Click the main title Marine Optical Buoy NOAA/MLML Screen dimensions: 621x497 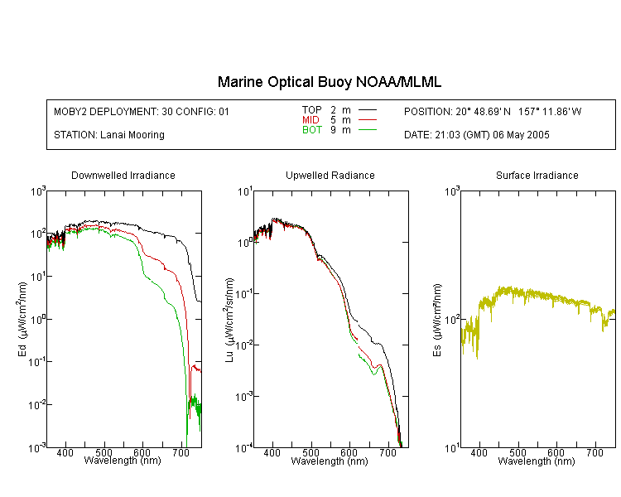click(x=329, y=82)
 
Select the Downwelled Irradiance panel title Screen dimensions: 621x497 click(x=123, y=175)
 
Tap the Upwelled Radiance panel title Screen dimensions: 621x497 click(x=330, y=175)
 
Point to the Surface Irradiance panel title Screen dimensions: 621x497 click(x=537, y=175)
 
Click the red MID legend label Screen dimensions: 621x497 click(x=310, y=119)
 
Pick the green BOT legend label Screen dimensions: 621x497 click(x=312, y=130)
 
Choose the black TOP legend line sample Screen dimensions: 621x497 click(x=368, y=109)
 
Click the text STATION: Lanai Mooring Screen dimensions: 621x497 click(x=109, y=135)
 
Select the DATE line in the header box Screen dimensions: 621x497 click(x=476, y=135)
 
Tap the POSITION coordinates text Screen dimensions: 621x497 click(x=493, y=111)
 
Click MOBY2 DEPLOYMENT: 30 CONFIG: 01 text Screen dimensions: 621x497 click(x=142, y=111)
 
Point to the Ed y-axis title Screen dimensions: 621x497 click(x=22, y=319)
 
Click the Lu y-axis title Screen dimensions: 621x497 click(x=229, y=320)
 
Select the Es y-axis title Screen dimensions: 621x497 click(x=437, y=320)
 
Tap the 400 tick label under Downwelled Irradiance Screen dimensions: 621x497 click(x=65, y=452)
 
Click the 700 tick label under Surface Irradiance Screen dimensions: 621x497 click(x=595, y=452)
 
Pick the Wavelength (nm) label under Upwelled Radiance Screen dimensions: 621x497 click(x=330, y=461)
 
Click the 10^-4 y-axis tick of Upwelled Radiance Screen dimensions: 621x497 click(x=244, y=448)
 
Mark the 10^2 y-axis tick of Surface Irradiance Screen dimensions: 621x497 click(x=452, y=319)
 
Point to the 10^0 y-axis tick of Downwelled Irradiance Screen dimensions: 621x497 click(x=38, y=319)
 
